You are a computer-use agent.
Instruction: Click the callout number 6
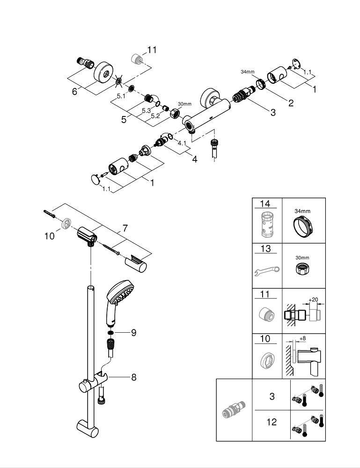point(74,92)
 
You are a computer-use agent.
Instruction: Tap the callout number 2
point(291,103)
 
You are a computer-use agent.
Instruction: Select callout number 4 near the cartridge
point(194,160)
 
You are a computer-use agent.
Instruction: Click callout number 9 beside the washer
point(133,333)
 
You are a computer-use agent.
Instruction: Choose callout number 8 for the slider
point(133,377)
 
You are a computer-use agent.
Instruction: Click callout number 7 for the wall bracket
point(125,228)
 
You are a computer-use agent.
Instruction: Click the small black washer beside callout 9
point(110,333)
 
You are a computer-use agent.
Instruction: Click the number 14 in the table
point(265,204)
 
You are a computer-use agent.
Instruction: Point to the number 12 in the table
point(272,422)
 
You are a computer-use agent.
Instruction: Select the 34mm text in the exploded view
point(247,72)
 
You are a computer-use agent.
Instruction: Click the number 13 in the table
point(265,249)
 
